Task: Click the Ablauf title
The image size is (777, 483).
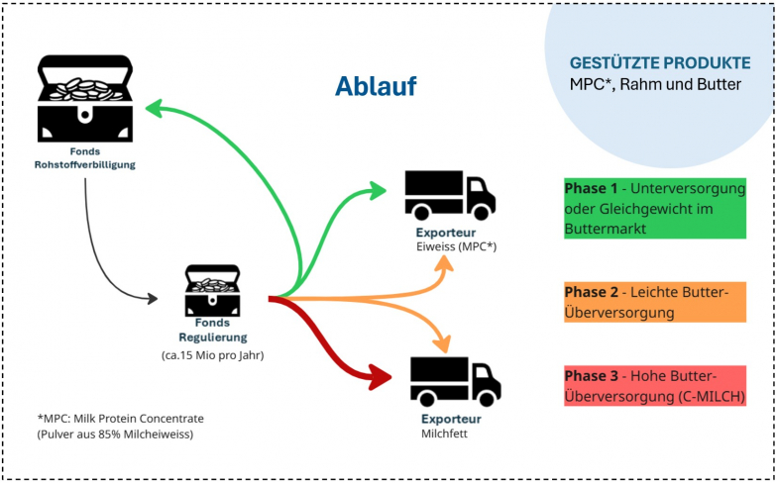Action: pyautogui.click(x=375, y=87)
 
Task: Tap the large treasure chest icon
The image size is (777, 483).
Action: pyautogui.click(x=84, y=99)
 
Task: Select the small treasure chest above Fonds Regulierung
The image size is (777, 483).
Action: pyautogui.click(x=212, y=290)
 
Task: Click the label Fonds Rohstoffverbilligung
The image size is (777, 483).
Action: pyautogui.click(x=84, y=157)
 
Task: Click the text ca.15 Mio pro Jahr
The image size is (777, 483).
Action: pyautogui.click(x=212, y=353)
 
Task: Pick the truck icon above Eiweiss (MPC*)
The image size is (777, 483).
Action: pyautogui.click(x=449, y=195)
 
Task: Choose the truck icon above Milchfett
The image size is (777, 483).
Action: pyautogui.click(x=455, y=381)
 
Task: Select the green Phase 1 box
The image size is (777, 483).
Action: pyautogui.click(x=654, y=207)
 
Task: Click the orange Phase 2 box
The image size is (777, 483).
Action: pyautogui.click(x=654, y=301)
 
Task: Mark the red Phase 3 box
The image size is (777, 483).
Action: pyautogui.click(x=654, y=386)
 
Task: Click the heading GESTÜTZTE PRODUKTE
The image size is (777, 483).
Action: pyautogui.click(x=659, y=62)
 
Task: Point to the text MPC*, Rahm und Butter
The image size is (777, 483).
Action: pyautogui.click(x=654, y=85)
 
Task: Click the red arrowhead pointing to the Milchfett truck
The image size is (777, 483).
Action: pyautogui.click(x=382, y=376)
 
